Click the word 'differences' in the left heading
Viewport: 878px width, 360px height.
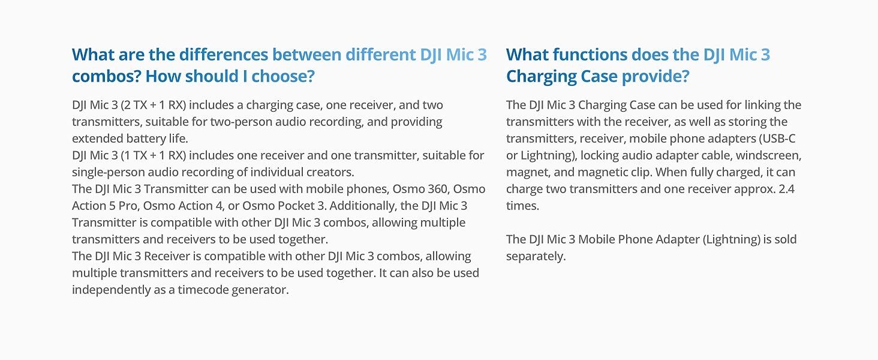[x=224, y=55]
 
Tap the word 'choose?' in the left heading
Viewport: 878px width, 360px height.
[x=283, y=76]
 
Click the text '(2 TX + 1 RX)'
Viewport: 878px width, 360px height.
[x=154, y=105]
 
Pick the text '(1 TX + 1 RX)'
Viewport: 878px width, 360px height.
[x=154, y=155]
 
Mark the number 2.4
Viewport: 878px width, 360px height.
[x=786, y=189]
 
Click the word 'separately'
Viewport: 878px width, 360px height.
[x=536, y=256]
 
